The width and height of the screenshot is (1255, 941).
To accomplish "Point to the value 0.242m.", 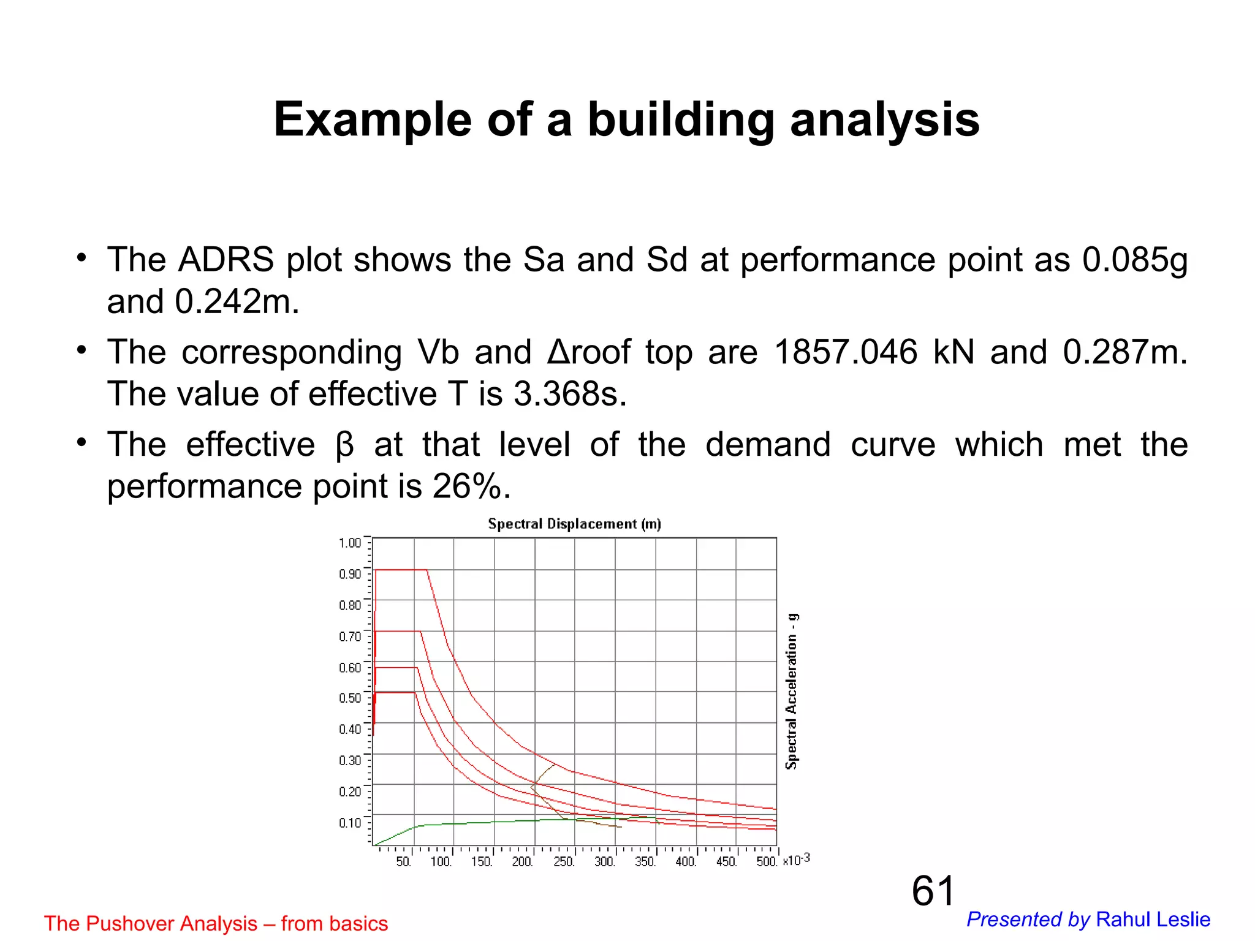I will pos(237,301).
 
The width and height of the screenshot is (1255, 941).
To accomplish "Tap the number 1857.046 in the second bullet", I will pos(846,352).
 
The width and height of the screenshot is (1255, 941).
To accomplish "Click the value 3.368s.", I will pos(570,394).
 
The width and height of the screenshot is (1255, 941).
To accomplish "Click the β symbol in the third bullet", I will pos(345,445).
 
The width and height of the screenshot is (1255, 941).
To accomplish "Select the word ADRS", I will pos(226,260).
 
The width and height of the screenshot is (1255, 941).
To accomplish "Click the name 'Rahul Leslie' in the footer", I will pos(1153,920).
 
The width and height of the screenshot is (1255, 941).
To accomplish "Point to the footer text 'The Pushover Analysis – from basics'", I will pos(216,923).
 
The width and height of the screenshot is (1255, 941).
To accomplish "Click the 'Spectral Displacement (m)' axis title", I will pos(574,524).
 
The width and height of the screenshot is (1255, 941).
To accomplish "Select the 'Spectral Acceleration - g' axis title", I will pos(792,690).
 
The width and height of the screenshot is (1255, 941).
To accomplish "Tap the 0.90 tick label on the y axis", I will pos(350,574).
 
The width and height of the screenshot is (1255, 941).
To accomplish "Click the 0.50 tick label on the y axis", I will pos(350,698).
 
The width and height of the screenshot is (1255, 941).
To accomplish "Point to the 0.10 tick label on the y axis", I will pos(350,822).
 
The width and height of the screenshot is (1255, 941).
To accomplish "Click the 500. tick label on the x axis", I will pos(767,862).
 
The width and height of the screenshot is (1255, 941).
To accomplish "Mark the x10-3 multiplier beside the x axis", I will pos(797,860).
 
